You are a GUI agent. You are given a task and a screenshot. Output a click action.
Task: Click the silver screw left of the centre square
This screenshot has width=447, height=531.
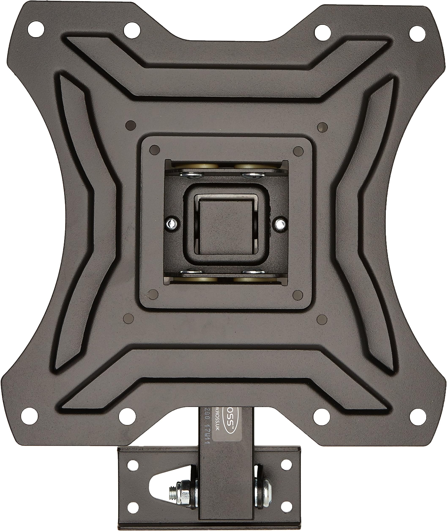pyautogui.click(x=172, y=223)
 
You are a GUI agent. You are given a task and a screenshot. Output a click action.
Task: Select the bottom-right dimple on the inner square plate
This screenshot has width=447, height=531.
pyautogui.click(x=298, y=295)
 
